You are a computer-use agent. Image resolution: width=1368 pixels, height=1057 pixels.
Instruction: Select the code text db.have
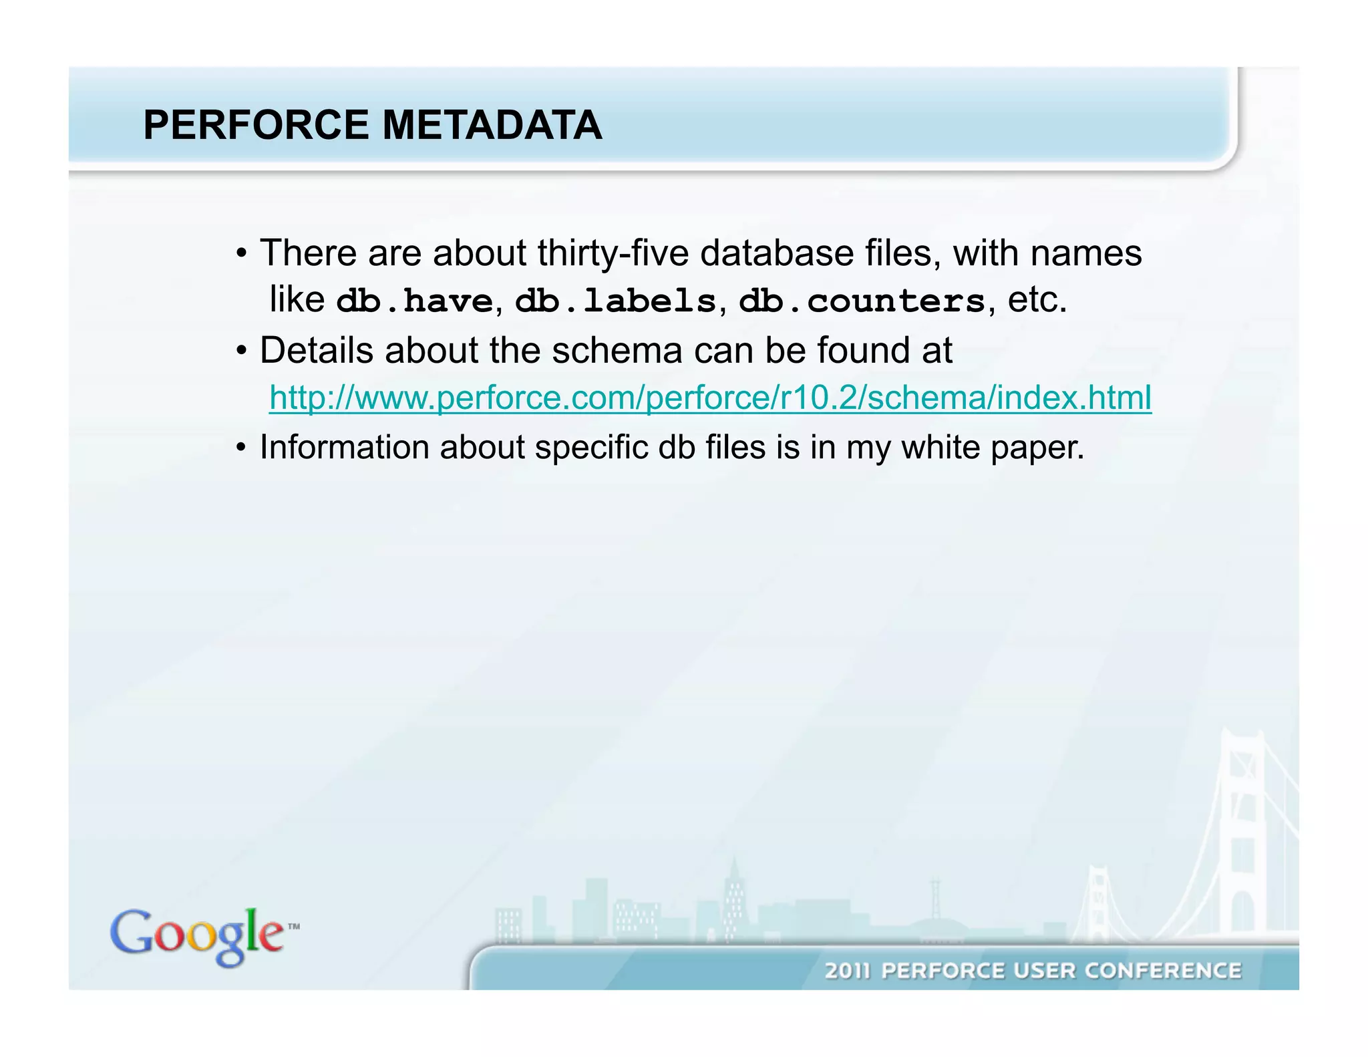tap(414, 301)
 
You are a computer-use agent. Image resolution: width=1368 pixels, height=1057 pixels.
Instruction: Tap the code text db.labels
tap(615, 301)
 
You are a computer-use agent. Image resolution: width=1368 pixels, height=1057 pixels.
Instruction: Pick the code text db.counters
tap(862, 301)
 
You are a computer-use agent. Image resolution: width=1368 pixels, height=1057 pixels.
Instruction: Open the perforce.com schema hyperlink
tap(710, 398)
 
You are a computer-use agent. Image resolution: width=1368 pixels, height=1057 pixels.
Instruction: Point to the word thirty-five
tap(613, 254)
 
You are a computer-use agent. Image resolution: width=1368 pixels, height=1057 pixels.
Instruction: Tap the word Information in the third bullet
tap(344, 447)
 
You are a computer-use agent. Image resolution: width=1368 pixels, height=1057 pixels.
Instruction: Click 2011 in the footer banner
tap(847, 970)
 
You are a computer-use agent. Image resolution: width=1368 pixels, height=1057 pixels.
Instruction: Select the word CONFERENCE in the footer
tap(1162, 970)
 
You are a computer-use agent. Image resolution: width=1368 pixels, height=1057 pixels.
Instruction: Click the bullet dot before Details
tap(242, 351)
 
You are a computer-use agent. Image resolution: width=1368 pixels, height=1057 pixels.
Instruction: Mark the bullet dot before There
tap(242, 254)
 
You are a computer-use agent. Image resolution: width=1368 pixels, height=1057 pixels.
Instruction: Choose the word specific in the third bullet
tap(591, 448)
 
